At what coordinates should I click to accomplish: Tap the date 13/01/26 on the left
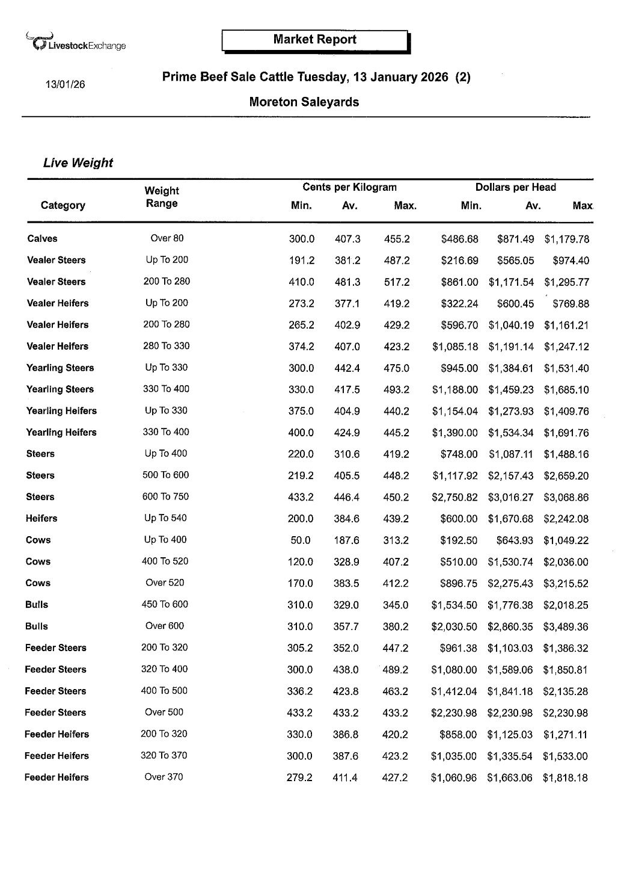66,84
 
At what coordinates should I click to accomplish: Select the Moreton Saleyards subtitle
304,102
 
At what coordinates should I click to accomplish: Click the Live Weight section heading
78,163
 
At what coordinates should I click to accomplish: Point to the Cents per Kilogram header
349,187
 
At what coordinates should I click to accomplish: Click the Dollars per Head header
515,187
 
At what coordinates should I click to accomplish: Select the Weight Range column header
162,197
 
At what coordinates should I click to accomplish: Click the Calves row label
42,239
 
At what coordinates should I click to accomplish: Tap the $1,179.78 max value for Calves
566,240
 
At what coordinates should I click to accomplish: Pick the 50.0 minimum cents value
301,540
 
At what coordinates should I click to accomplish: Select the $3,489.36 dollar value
566,627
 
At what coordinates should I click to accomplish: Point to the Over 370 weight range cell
164,777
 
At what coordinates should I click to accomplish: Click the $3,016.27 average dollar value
510,498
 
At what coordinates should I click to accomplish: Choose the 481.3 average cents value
347,282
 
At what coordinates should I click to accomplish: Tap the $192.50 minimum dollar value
459,540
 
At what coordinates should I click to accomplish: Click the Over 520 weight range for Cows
165,583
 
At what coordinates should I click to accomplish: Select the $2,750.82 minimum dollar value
454,498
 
